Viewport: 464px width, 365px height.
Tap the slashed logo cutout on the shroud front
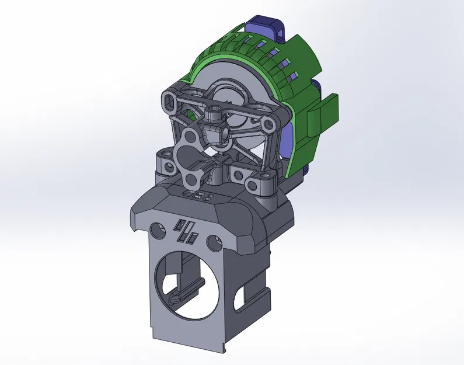pos(187,230)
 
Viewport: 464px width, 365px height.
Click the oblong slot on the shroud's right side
pos(239,298)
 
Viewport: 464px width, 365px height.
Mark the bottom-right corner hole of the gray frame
pos(255,186)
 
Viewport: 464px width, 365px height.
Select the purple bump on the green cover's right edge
pos(318,88)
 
